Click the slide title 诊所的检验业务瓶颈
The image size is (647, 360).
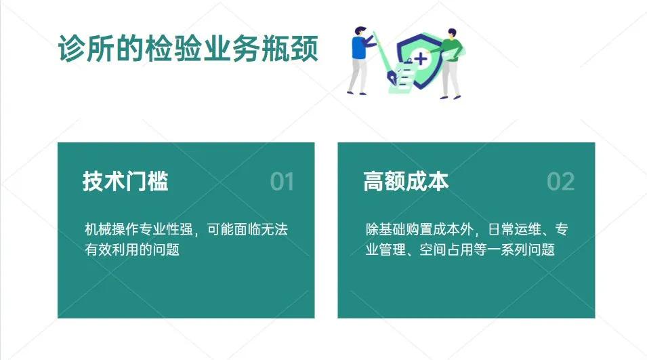coord(188,49)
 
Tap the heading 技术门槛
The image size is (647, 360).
coord(125,182)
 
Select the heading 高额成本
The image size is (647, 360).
coord(406,182)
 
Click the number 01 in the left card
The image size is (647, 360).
coord(282,182)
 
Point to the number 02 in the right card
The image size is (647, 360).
coord(561,182)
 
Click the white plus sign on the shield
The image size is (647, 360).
coord(421,59)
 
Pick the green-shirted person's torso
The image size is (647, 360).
coord(452,49)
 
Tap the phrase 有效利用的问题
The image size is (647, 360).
coord(132,249)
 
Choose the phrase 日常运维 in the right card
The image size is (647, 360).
coord(513,230)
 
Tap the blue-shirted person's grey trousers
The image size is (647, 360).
coord(358,76)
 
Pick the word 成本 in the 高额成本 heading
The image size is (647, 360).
coord(427,182)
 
